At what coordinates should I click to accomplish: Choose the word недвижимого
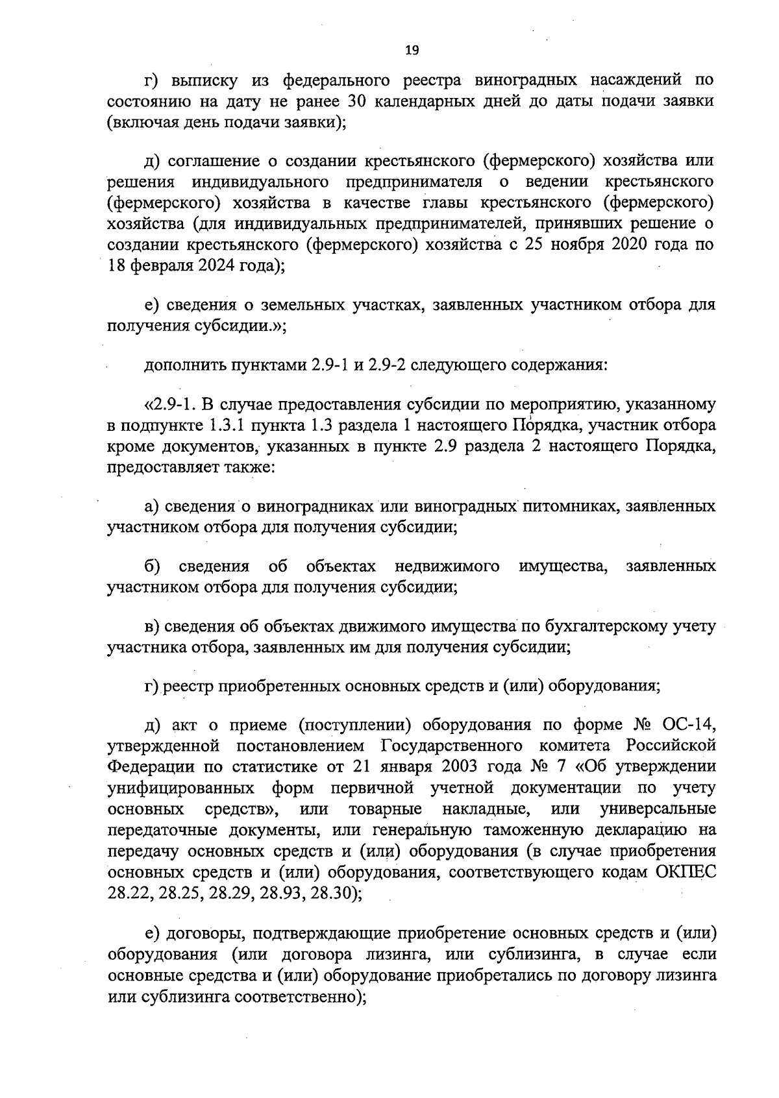[x=447, y=567]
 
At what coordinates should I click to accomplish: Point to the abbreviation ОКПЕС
[x=687, y=872]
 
